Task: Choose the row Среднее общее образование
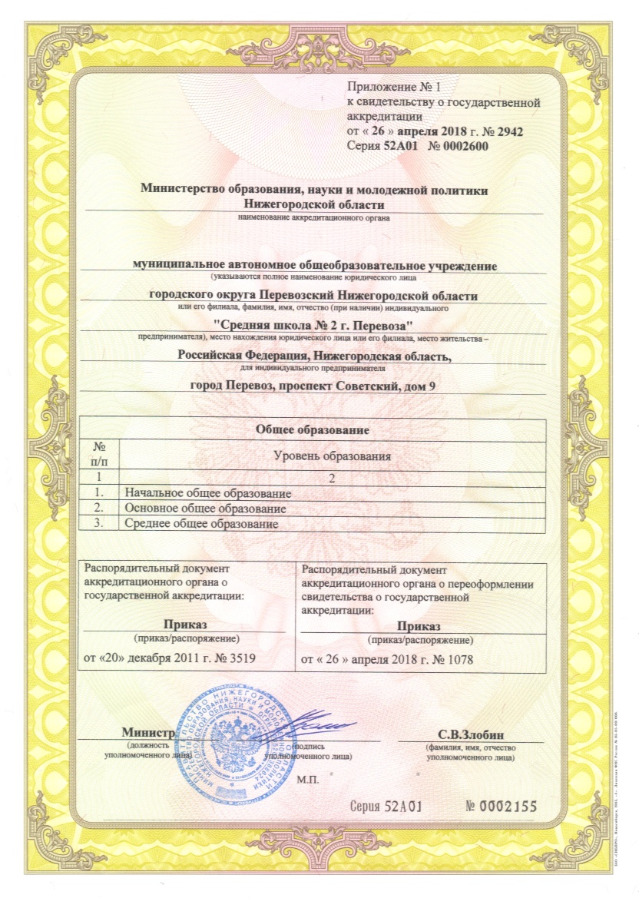point(200,524)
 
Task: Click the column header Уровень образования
point(333,456)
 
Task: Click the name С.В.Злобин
point(470,734)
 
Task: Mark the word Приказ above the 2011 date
point(187,625)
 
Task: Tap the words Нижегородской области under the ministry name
point(314,204)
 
